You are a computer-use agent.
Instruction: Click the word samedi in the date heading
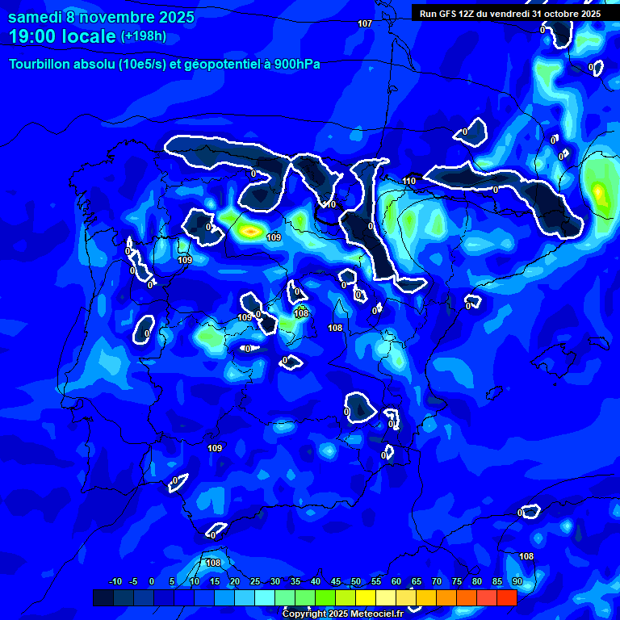(38, 18)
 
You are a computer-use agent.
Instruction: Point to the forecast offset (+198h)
(144, 36)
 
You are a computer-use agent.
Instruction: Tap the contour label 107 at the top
(365, 23)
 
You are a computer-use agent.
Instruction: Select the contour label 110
(409, 181)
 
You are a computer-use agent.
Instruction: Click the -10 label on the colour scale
(115, 581)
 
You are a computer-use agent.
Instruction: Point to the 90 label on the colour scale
(517, 581)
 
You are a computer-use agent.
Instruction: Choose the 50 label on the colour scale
(356, 581)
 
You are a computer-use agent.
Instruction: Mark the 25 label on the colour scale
(254, 581)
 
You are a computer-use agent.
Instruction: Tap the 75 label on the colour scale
(457, 581)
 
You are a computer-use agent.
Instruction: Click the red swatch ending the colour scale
(507, 597)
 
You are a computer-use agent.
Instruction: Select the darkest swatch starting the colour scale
(103, 597)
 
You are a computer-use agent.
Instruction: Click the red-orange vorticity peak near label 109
(251, 232)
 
